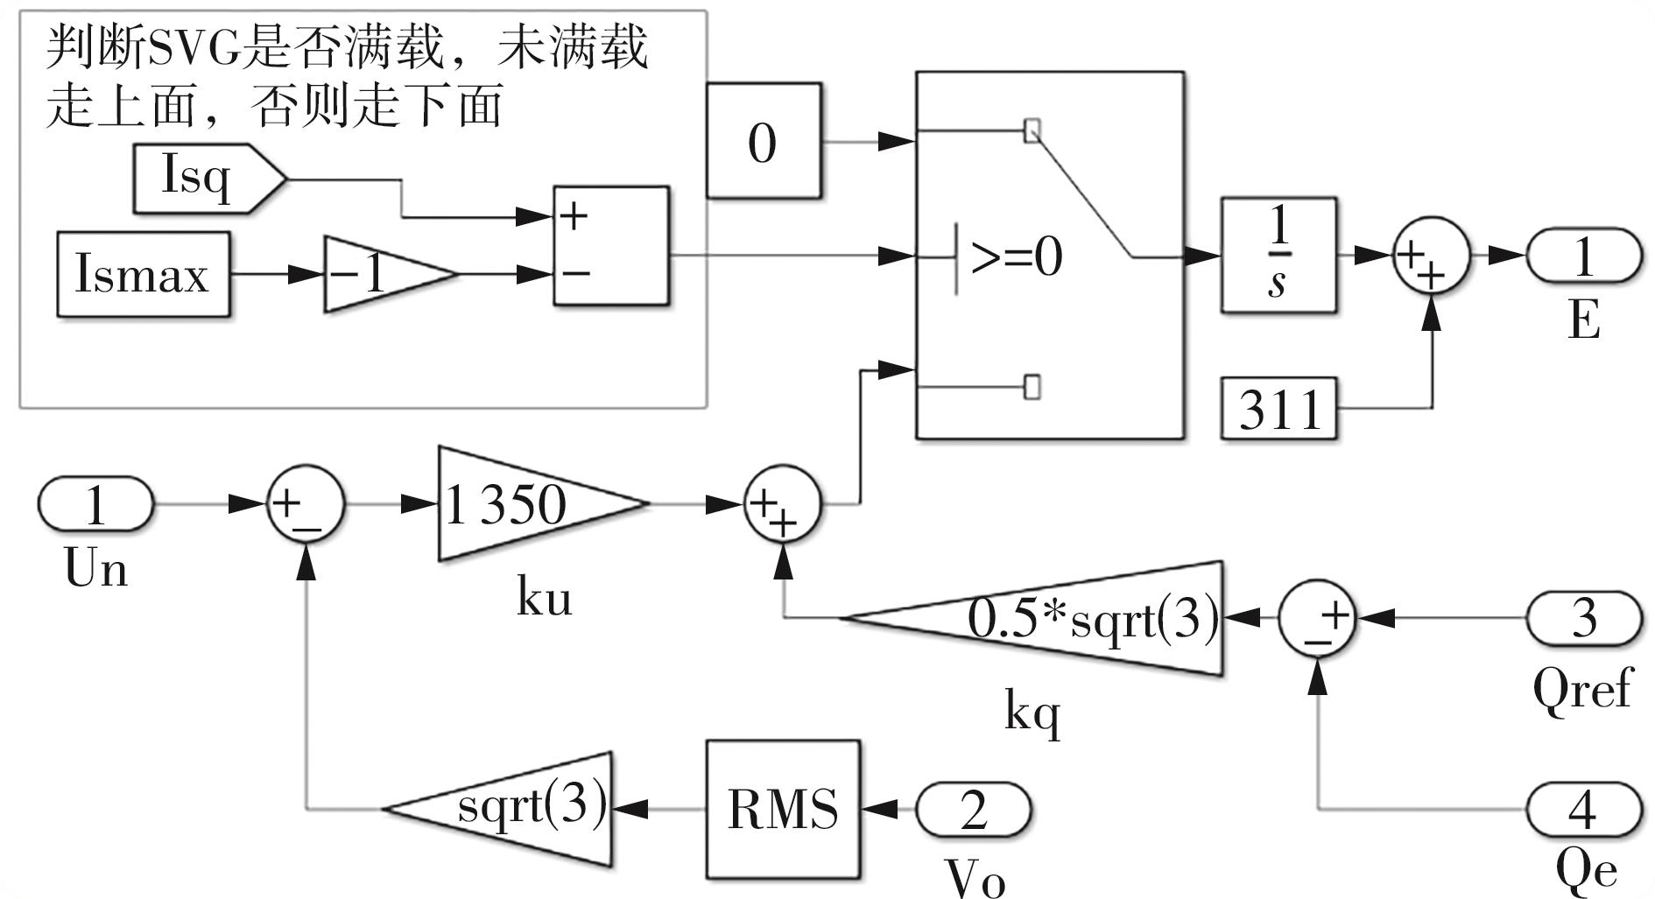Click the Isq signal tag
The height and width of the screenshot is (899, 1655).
207,179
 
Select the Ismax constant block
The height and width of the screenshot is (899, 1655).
144,274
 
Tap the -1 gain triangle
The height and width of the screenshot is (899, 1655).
381,274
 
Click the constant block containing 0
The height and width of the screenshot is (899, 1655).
764,142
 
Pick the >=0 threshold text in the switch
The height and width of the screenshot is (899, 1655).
1016,257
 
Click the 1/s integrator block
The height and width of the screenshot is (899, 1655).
1278,256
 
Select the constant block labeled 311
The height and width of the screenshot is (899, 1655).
1279,408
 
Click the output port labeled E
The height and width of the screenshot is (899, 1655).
1583,256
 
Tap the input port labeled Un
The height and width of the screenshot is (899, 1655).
95,504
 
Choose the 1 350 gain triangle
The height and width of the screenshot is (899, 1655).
525,504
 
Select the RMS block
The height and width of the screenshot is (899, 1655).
783,809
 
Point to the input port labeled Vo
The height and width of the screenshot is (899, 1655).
973,809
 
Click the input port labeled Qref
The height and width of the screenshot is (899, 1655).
1583,618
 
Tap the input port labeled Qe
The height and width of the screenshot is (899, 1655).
1583,809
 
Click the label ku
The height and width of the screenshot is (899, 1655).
544,599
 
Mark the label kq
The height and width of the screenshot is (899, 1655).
1032,713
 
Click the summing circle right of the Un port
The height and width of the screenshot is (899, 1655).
306,504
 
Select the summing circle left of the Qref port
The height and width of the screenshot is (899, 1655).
1317,618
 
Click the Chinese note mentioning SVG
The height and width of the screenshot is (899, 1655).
346,77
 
